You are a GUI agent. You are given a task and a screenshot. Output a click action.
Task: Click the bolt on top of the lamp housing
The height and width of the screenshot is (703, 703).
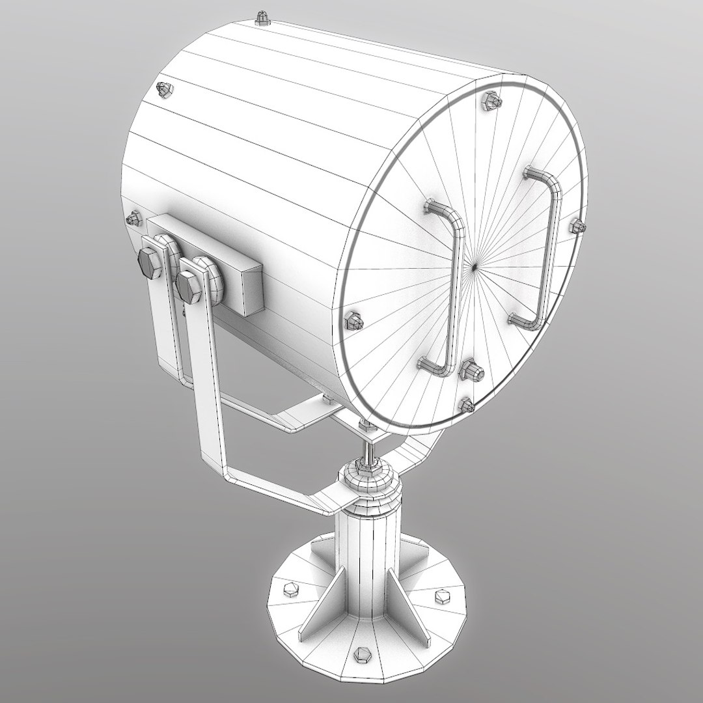(263, 18)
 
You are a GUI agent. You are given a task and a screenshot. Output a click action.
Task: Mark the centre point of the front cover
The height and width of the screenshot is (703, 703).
(475, 266)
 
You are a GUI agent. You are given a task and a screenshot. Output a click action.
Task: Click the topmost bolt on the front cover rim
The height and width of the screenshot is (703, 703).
(491, 100)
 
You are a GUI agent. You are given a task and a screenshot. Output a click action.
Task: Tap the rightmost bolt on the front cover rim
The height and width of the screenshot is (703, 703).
(577, 226)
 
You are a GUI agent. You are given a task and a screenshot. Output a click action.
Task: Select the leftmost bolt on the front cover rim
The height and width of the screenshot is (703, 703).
(353, 320)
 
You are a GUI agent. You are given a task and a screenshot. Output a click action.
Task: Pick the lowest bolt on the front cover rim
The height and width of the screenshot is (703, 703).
(467, 406)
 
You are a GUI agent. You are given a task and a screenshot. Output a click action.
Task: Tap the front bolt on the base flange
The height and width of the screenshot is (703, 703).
(362, 654)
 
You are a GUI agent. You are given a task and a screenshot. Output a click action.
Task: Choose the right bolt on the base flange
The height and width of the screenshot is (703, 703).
(442, 595)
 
